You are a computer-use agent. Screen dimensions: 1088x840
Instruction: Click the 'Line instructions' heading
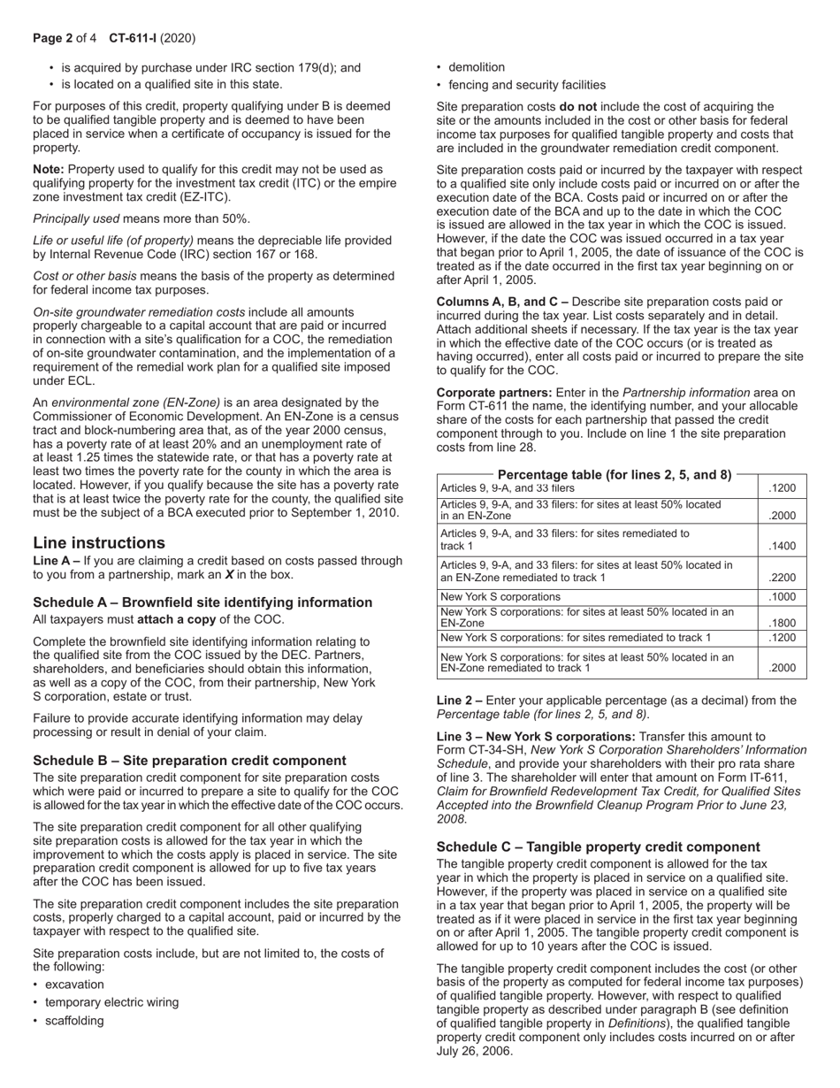(99, 542)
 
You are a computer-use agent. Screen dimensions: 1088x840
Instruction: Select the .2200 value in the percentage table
(782, 578)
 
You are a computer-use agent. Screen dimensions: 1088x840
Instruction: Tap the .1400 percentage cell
(782, 546)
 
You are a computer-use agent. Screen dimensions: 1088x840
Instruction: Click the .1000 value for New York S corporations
(782, 597)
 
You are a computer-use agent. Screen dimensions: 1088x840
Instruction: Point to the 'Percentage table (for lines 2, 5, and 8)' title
(615, 475)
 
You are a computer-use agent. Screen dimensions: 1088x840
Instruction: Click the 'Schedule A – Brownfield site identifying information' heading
(202, 602)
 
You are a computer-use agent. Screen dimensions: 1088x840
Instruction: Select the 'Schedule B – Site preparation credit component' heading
(189, 760)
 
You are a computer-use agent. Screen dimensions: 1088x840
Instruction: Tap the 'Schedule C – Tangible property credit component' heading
(598, 847)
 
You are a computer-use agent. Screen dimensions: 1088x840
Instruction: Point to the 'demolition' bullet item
(477, 67)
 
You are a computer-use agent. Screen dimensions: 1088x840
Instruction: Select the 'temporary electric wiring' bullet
(111, 1002)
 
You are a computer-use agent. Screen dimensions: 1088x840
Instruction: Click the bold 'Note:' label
(49, 169)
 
